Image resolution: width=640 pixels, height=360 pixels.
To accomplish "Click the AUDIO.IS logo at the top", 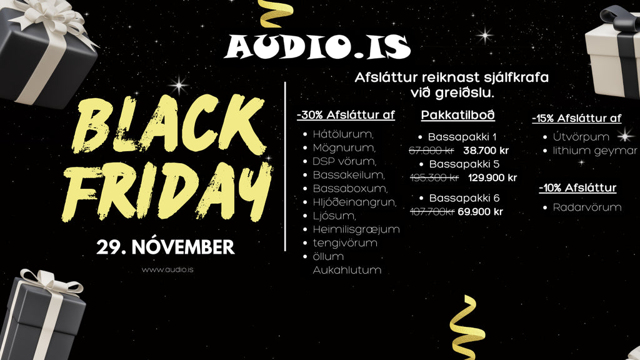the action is click(x=317, y=47).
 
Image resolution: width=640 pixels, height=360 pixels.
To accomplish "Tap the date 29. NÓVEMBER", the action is click(x=165, y=247).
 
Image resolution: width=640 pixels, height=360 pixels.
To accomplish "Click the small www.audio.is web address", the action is click(x=167, y=269).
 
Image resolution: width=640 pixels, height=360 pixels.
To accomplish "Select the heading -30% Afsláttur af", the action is click(x=346, y=115).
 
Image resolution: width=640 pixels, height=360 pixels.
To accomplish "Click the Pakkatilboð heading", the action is click(x=458, y=115).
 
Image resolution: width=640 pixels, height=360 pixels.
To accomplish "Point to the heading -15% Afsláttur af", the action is click(x=577, y=118).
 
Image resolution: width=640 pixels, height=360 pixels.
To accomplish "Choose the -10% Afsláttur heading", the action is click(x=577, y=187).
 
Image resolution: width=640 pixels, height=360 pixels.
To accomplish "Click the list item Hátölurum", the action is click(x=343, y=134).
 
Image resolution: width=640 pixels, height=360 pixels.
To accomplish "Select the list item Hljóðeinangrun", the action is click(x=354, y=202).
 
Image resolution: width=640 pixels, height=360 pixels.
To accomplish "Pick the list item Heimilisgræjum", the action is click(x=356, y=229).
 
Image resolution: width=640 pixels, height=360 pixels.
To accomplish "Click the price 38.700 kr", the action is click(x=486, y=151).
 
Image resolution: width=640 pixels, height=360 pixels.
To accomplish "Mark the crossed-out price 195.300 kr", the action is click(x=434, y=178).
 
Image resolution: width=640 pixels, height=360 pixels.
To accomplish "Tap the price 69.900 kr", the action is click(x=481, y=212).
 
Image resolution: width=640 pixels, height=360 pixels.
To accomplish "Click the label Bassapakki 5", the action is click(x=464, y=164).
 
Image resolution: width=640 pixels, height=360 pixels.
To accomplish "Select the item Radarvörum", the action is click(x=587, y=207).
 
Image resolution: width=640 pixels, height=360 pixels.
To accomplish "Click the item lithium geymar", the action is click(x=595, y=151).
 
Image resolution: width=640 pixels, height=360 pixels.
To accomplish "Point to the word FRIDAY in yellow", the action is click(x=167, y=191).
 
